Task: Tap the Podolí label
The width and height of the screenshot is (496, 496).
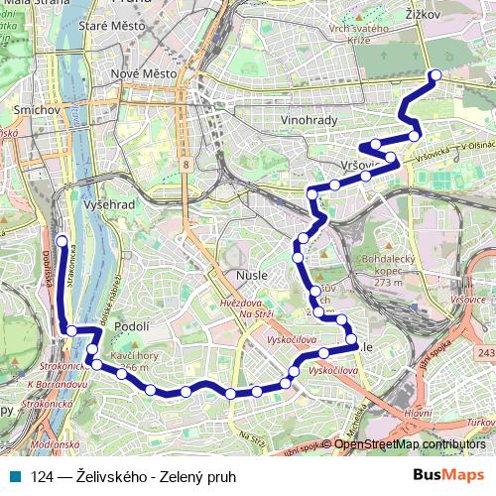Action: point(131,325)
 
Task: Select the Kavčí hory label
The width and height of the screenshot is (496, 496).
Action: point(136,360)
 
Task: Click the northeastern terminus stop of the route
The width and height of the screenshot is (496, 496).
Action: point(434,75)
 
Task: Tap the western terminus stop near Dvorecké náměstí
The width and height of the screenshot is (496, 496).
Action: point(62,241)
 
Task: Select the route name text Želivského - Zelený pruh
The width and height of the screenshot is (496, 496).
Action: point(134,477)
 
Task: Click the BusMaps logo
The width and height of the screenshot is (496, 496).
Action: point(448,476)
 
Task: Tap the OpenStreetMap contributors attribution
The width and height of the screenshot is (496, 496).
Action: point(410,444)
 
